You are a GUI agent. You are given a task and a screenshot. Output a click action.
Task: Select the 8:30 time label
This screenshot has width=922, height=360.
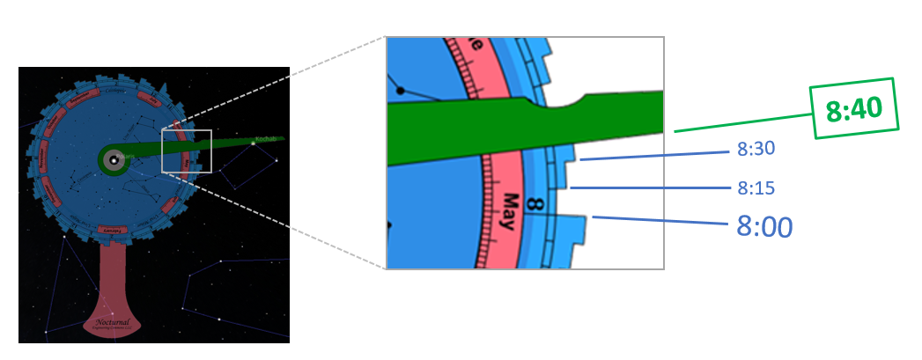click(x=756, y=150)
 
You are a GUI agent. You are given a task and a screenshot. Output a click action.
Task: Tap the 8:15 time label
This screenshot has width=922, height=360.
click(x=756, y=187)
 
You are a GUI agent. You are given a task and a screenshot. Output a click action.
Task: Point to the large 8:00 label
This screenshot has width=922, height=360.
click(x=764, y=227)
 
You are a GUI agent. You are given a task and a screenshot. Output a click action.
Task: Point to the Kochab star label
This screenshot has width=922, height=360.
click(x=265, y=139)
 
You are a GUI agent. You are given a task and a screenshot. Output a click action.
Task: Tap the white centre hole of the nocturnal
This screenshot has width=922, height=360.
click(x=113, y=159)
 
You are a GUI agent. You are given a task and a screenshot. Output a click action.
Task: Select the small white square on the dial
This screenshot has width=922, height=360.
click(x=187, y=151)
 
